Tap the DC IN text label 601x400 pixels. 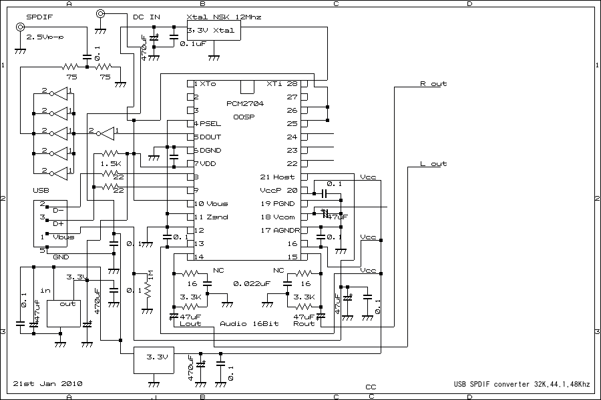(146, 16)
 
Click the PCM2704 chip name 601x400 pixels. (244, 104)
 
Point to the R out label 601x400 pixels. (433, 84)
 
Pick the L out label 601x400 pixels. (433, 164)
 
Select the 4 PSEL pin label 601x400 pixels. (207, 124)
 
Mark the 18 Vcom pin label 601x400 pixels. (277, 217)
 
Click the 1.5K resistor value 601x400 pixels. (110, 163)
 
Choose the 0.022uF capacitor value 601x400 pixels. (251, 283)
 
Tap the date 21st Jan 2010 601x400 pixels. (47, 384)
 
